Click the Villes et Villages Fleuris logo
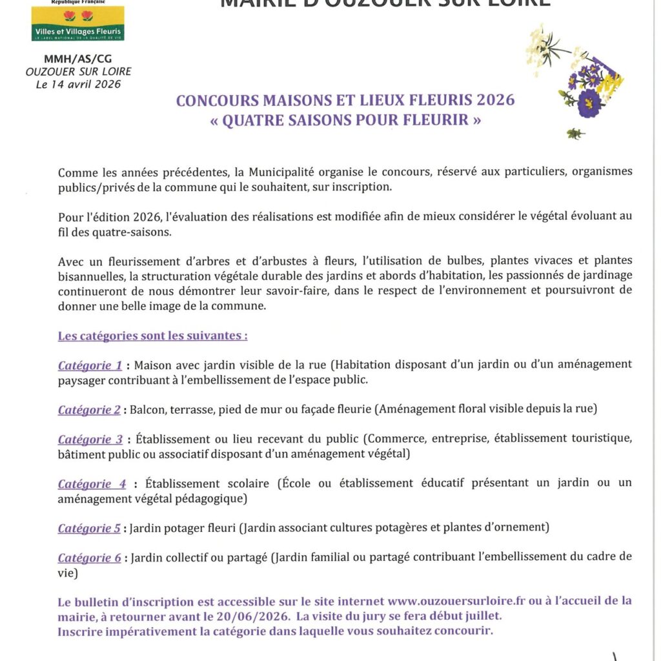point(77,22)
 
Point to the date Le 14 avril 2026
point(78,84)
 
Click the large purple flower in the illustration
point(589,103)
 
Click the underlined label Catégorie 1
point(90,365)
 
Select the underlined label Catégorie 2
point(89,410)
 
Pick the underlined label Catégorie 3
point(90,440)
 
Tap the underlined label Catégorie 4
point(92,484)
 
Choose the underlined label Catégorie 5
point(89,528)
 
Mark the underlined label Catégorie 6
point(89,558)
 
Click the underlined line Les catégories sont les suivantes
point(152,336)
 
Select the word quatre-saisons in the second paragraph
point(137,232)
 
